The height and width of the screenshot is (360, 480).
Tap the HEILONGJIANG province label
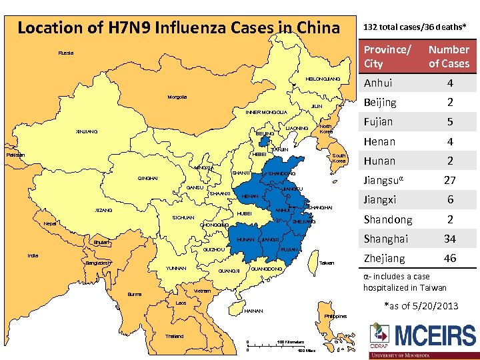click(x=322, y=79)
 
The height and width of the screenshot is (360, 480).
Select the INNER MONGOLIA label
click(x=266, y=112)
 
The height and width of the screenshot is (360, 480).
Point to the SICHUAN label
click(x=183, y=218)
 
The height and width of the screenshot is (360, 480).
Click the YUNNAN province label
click(x=176, y=269)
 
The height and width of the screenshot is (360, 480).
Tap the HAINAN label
click(x=254, y=311)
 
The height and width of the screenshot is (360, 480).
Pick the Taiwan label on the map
click(x=327, y=263)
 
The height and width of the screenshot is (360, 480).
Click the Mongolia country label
click(x=177, y=97)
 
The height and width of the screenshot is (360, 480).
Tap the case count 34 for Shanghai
click(x=449, y=239)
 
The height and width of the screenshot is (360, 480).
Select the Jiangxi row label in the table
click(x=380, y=199)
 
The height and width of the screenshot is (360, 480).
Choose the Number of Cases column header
click(x=449, y=57)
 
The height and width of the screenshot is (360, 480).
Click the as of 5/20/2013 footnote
click(x=423, y=306)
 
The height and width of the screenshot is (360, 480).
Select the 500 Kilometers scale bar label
click(x=291, y=342)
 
